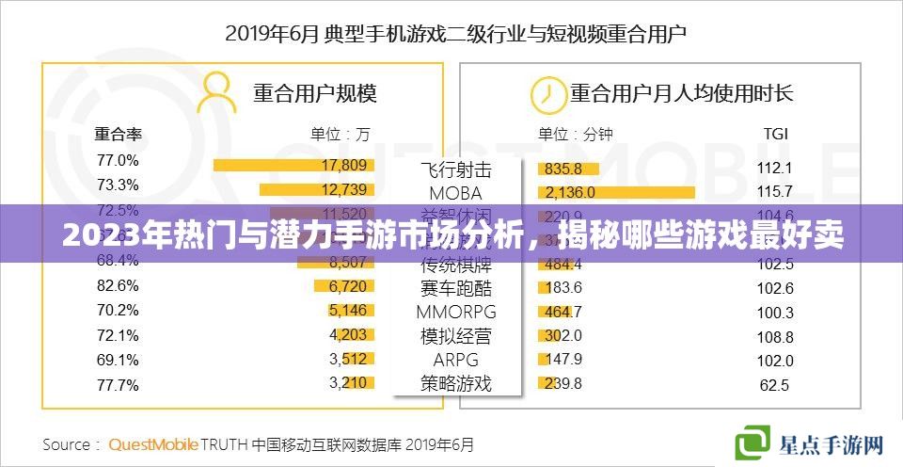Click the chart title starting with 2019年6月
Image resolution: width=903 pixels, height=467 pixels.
pyautogui.click(x=455, y=35)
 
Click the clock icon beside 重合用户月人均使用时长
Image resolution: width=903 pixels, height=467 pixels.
pyautogui.click(x=544, y=92)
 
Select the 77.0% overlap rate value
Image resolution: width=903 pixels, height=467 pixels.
pyautogui.click(x=118, y=160)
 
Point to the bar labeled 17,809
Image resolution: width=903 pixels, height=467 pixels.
pyautogui.click(x=293, y=165)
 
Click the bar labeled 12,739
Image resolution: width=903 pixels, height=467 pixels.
pyautogui.click(x=320, y=189)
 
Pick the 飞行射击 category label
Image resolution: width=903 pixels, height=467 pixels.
pyautogui.click(x=455, y=170)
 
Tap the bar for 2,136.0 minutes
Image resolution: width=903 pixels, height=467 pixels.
pyautogui.click(x=616, y=192)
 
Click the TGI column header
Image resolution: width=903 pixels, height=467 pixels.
pyautogui.click(x=775, y=134)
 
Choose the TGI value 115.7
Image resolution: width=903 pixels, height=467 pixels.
pyautogui.click(x=775, y=191)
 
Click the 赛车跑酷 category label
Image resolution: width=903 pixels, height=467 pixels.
pyautogui.click(x=455, y=287)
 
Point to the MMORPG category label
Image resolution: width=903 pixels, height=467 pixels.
pyautogui.click(x=455, y=311)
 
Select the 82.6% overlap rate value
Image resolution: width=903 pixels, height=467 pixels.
pyautogui.click(x=118, y=284)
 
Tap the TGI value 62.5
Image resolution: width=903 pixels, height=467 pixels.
pyautogui.click(x=775, y=384)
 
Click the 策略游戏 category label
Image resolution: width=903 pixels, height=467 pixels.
pyautogui.click(x=455, y=383)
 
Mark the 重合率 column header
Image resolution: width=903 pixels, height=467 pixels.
pyautogui.click(x=118, y=134)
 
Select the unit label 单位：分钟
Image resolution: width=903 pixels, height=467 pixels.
pyautogui.click(x=575, y=134)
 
